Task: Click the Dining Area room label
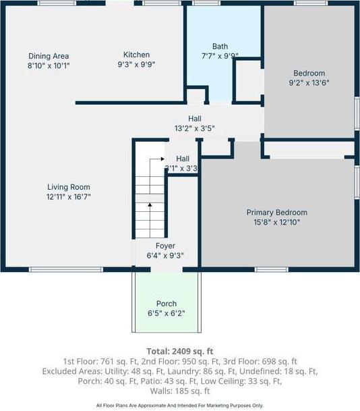(x=49, y=56)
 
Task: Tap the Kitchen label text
(x=136, y=55)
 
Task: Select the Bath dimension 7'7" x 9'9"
(x=220, y=57)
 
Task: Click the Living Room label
(x=68, y=187)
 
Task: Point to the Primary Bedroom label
(x=281, y=212)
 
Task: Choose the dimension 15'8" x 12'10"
(x=281, y=221)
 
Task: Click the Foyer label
(x=165, y=246)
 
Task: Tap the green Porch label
(x=167, y=304)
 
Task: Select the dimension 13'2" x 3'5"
(x=194, y=128)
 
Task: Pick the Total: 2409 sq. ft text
(x=179, y=351)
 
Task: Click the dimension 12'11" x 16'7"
(x=68, y=197)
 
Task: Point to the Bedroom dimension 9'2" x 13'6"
(x=309, y=83)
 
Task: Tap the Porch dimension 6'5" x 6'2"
(x=167, y=313)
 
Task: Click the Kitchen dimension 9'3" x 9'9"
(x=136, y=65)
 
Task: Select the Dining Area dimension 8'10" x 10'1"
(x=49, y=66)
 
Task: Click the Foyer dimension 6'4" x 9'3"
(x=165, y=256)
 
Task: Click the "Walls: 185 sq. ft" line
(x=179, y=391)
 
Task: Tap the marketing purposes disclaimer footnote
(x=179, y=406)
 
